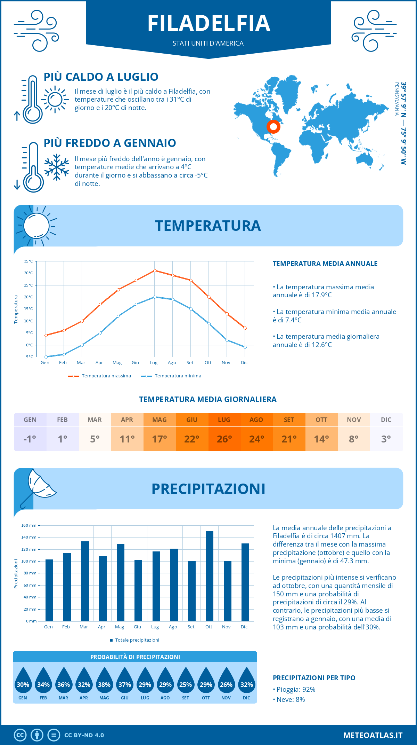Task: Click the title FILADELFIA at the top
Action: point(208,23)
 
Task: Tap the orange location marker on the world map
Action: point(273,127)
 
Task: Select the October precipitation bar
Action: point(209,576)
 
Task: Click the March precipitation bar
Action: point(85,581)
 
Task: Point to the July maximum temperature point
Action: point(155,270)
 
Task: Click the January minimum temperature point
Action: point(46,357)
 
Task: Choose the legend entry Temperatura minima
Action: point(171,376)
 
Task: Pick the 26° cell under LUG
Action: point(224,439)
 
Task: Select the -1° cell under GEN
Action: point(30,439)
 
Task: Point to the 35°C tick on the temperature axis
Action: point(28,261)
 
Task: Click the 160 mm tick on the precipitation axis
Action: point(29,525)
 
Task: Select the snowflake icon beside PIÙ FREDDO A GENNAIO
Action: point(57,167)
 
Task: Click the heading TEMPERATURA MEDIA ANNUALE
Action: point(325,264)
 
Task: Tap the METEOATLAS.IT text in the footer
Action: point(373,735)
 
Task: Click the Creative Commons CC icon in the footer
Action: point(20,735)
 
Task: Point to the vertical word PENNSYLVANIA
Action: point(396,99)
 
